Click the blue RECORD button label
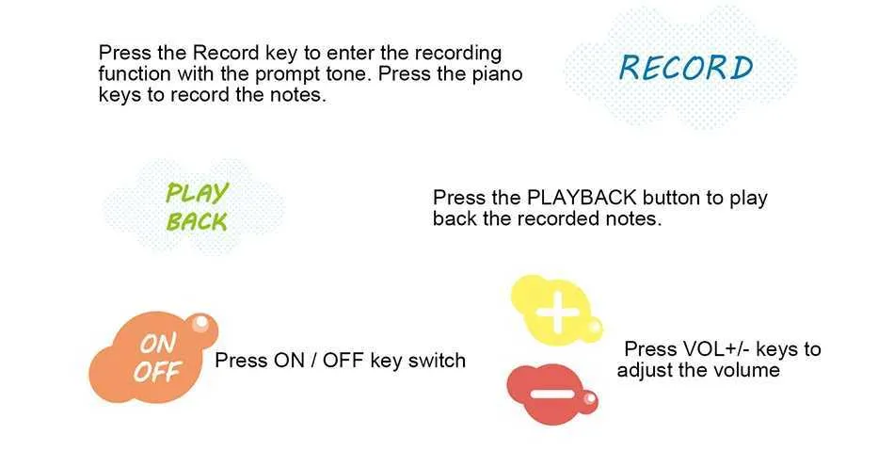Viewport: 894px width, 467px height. tap(686, 68)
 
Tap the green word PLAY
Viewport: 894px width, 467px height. tap(198, 192)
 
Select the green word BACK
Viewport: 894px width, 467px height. tap(197, 221)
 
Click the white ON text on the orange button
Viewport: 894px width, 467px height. tap(158, 344)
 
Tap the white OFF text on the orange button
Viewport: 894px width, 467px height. tap(157, 372)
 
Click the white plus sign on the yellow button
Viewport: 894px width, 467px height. tap(557, 312)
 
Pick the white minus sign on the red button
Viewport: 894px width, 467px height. tap(551, 394)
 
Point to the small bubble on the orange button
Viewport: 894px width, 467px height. tap(201, 324)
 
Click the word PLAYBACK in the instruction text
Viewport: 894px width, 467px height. tap(582, 198)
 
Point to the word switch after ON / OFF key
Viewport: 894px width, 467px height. tap(437, 361)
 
